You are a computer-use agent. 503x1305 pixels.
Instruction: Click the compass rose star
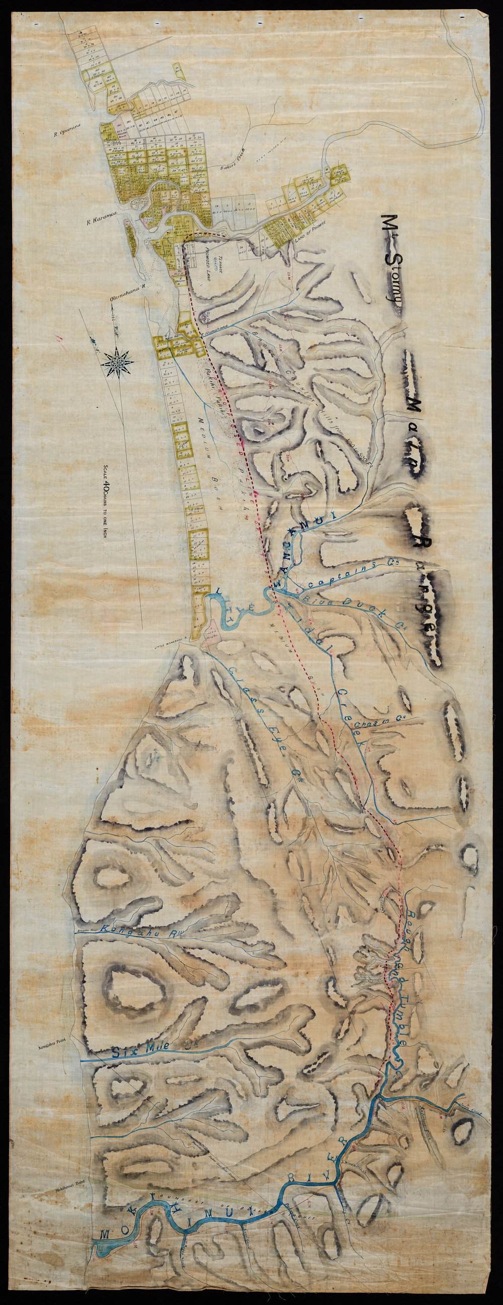click(117, 361)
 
